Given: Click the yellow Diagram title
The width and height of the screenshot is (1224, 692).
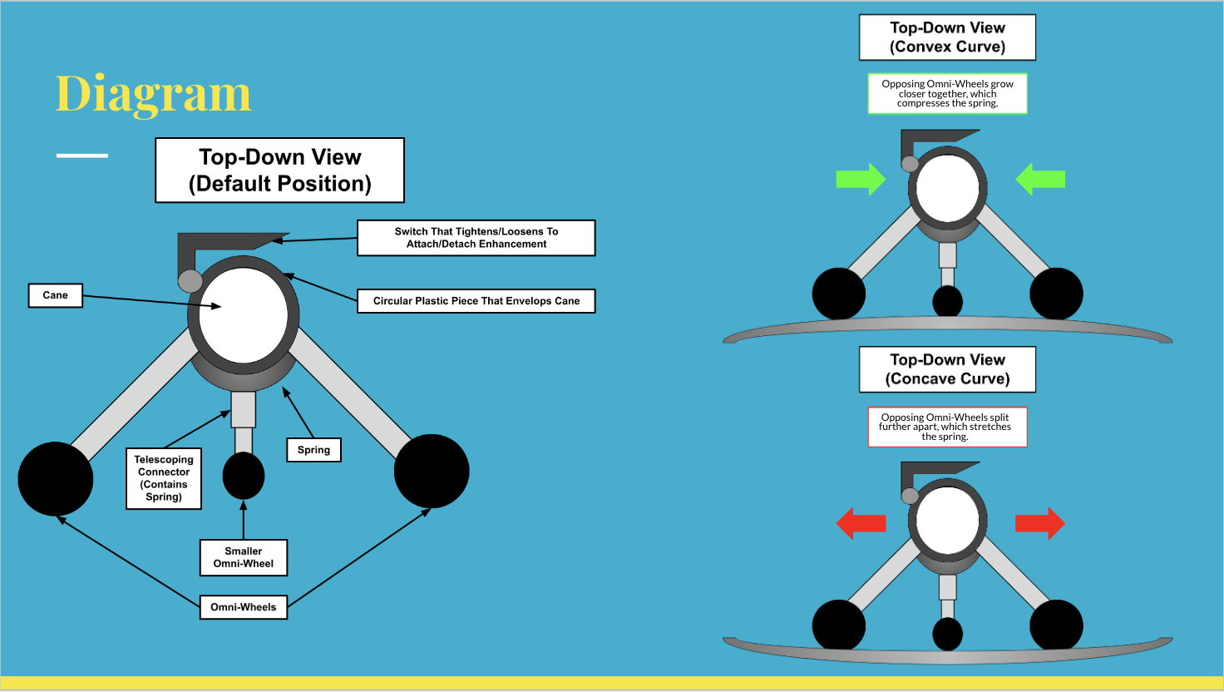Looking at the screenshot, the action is (x=153, y=94).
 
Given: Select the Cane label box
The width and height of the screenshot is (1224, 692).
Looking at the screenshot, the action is (x=56, y=295).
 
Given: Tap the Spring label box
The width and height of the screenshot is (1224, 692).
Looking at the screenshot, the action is (x=313, y=450).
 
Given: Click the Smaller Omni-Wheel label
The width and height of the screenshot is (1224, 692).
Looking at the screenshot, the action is (x=244, y=557).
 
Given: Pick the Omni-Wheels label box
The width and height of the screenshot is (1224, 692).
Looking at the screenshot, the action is (x=244, y=607).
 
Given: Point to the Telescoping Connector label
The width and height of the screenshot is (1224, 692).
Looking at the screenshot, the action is (x=164, y=478).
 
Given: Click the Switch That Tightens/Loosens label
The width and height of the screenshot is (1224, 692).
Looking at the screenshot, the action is (x=476, y=238).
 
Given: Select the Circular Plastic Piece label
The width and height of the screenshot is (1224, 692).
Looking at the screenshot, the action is (x=476, y=301).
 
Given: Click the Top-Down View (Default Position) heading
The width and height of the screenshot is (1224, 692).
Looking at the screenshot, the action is (x=280, y=171).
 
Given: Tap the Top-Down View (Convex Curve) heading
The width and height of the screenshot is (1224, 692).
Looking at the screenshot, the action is (x=947, y=37).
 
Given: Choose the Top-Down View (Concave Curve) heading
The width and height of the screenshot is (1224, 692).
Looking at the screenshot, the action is (x=947, y=369).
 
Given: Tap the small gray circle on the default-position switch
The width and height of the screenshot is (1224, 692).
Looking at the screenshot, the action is (x=190, y=280).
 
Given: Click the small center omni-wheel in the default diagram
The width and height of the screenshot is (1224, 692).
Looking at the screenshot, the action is (x=244, y=476).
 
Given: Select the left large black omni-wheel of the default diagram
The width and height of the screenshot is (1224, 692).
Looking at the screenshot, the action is (x=56, y=478).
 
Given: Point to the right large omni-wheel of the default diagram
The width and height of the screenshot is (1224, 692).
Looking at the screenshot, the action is (x=432, y=471).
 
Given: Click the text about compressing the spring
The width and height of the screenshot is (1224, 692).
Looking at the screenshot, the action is (x=947, y=94).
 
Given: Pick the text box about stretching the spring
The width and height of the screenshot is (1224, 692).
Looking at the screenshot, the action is (x=947, y=427).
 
